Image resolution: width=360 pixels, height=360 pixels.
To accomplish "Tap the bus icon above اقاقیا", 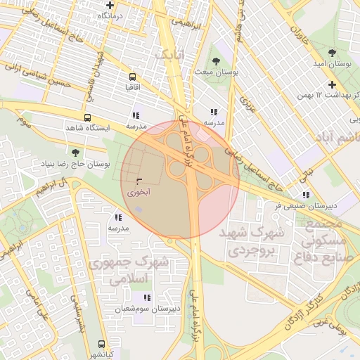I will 132,77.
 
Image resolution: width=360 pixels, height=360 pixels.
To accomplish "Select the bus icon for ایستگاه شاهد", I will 87,117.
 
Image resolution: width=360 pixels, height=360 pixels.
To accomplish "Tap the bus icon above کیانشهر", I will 102,345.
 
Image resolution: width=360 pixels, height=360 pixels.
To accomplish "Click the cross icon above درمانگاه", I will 110,5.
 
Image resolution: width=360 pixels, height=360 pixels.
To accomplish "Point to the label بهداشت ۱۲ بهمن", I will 322,94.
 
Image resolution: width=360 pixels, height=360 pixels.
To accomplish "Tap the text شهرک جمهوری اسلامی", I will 129,271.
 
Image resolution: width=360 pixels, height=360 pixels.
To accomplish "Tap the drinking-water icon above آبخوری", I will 138,181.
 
